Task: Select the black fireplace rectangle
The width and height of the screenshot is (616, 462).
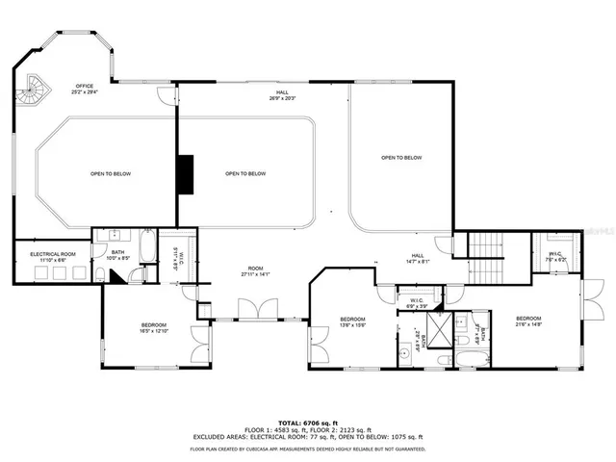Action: click(x=185, y=173)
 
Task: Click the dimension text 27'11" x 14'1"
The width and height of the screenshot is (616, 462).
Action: click(x=255, y=274)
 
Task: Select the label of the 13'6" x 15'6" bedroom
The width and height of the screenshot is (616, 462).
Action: click(x=352, y=321)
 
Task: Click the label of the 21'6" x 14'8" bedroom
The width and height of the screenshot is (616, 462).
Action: click(x=530, y=321)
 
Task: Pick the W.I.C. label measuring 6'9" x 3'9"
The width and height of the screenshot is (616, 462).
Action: click(x=417, y=302)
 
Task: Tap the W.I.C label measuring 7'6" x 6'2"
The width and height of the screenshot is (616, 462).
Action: click(x=555, y=255)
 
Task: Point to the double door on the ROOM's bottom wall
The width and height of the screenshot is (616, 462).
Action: click(x=255, y=310)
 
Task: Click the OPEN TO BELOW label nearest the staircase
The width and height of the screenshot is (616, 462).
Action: click(x=400, y=158)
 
